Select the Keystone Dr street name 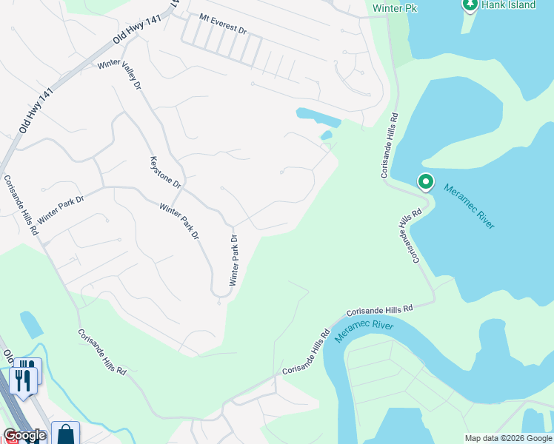click(x=165, y=171)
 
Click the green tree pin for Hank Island click(x=470, y=4)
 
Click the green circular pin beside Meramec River click(x=426, y=181)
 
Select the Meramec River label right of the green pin click(x=470, y=206)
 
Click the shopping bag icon click(x=66, y=434)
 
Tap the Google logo click(x=24, y=435)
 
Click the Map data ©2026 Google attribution click(x=508, y=438)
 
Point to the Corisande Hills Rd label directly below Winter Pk click(x=387, y=146)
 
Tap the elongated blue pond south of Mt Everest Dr click(x=318, y=116)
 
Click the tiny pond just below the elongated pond click(x=326, y=135)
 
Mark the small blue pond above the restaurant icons click(x=32, y=324)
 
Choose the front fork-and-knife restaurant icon click(x=21, y=382)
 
